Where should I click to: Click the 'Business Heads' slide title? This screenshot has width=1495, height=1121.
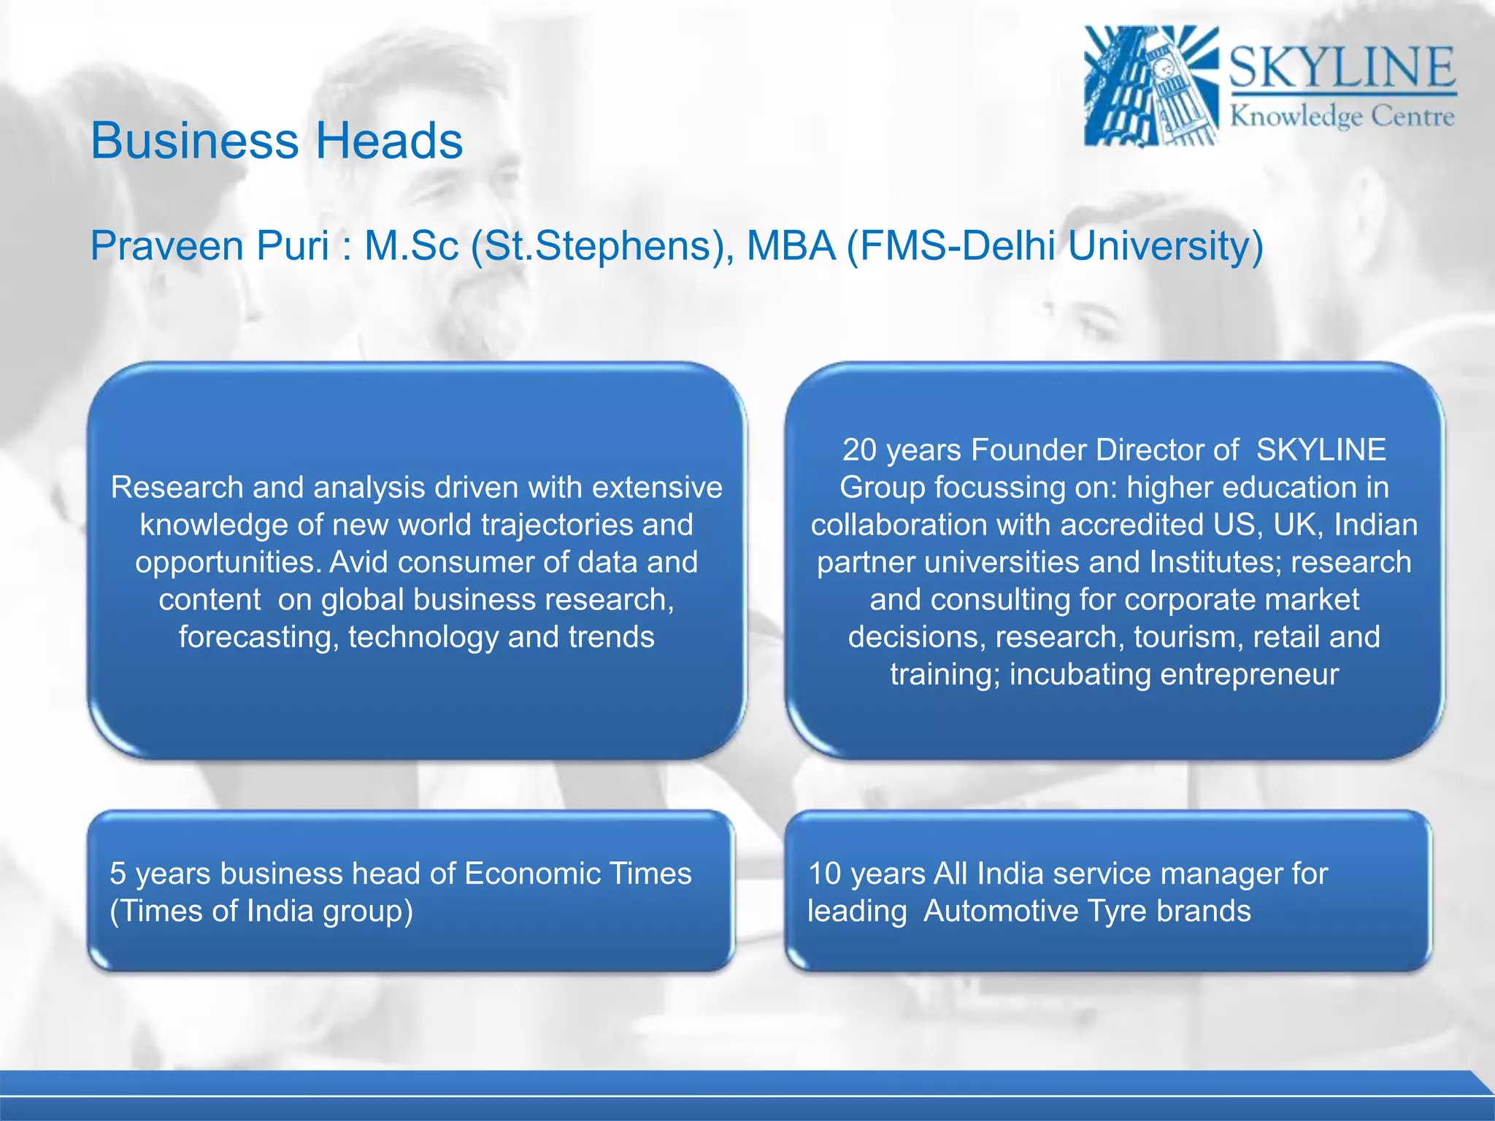pyautogui.click(x=277, y=140)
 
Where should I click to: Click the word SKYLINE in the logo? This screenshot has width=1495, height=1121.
pyautogui.click(x=1342, y=67)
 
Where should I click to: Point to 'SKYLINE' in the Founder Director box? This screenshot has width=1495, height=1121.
pyautogui.click(x=1321, y=450)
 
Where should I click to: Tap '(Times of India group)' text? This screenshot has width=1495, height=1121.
pyautogui.click(x=261, y=911)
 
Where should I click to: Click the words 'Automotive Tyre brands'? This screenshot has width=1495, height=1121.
pyautogui.click(x=1087, y=911)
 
